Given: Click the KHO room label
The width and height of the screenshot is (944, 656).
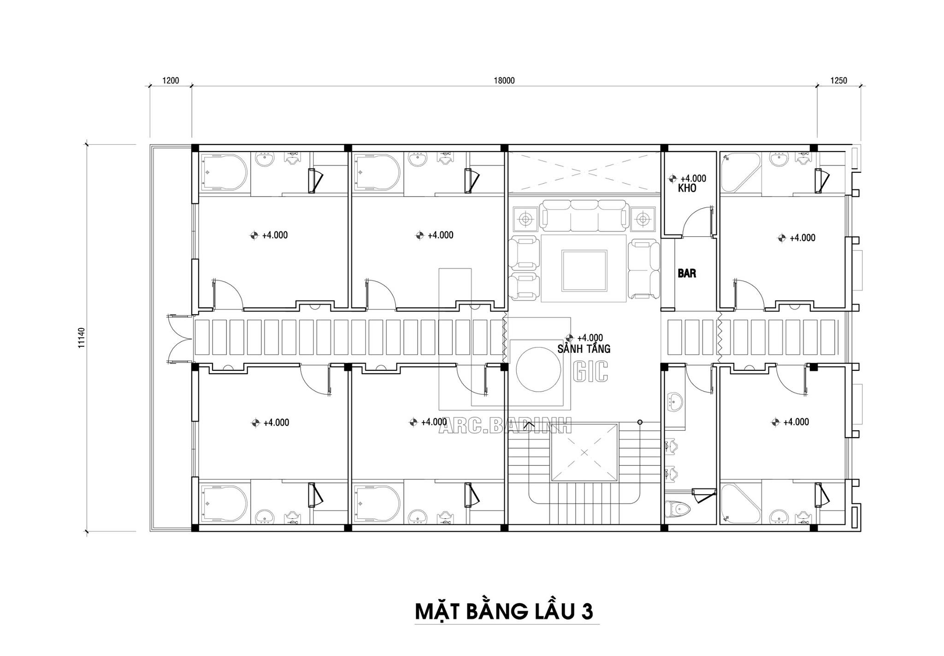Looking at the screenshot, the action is [x=687, y=188].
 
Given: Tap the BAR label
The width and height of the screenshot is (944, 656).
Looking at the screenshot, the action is [x=687, y=273].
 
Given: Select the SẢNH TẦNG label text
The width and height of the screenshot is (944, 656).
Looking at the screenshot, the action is [x=584, y=349].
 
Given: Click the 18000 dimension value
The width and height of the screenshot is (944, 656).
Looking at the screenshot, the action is [x=504, y=81].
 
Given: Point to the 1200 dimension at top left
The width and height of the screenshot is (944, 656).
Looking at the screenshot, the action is [x=171, y=81].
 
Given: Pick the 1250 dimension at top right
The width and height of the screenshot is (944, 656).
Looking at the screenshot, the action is [x=839, y=81].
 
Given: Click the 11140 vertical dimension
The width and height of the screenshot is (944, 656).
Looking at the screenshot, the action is [x=82, y=337].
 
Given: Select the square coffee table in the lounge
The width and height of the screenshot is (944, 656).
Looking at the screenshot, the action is [x=584, y=270].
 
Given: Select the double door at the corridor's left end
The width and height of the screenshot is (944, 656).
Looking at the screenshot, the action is [x=180, y=340].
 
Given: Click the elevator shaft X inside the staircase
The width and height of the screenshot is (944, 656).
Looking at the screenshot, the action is [x=584, y=452].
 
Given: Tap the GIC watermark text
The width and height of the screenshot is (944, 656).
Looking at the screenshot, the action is [x=591, y=371].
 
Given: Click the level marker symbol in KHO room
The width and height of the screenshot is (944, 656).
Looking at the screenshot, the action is [x=673, y=178].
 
